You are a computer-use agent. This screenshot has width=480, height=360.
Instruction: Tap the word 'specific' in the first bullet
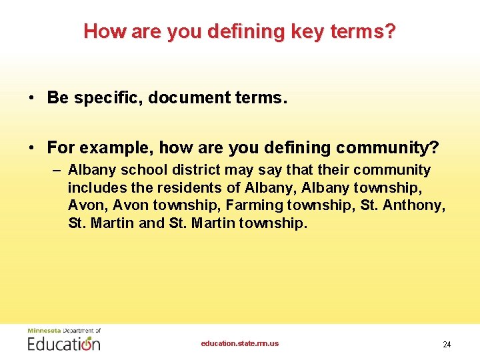tap(106, 98)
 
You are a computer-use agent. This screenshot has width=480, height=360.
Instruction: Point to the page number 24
tap(447, 345)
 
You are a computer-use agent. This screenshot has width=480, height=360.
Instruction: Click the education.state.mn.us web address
tap(240, 344)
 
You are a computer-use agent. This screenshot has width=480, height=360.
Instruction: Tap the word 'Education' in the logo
tap(64, 343)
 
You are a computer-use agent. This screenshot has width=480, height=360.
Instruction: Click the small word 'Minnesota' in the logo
tap(43, 331)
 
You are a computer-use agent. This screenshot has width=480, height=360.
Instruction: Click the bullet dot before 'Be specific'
tap(32, 99)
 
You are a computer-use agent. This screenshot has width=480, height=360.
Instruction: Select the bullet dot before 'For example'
tap(32, 147)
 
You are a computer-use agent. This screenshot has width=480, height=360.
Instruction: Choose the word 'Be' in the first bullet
tap(58, 98)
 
